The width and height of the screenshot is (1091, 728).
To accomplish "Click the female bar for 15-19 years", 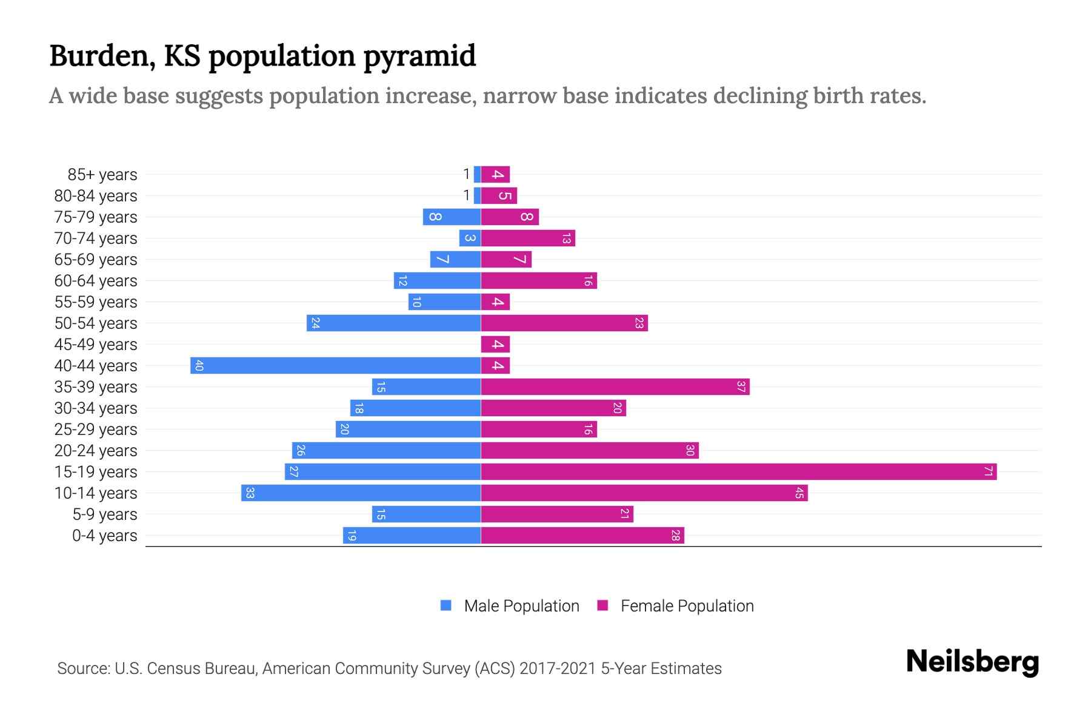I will (x=738, y=472).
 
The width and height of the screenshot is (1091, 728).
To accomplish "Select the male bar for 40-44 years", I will (x=335, y=366).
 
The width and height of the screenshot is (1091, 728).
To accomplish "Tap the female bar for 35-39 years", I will (x=615, y=387).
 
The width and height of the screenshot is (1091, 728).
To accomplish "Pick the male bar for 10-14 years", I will (x=361, y=493).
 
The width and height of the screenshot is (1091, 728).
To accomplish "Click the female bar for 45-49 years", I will (x=495, y=345).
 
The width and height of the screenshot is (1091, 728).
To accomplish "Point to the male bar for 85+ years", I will (x=477, y=175).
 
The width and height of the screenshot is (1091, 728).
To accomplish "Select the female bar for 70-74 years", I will (x=527, y=238).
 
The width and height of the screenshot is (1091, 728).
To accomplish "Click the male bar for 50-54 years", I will (x=393, y=323).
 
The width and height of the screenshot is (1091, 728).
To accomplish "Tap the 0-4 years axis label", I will (x=104, y=536).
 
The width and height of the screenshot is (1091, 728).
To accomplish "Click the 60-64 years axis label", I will (x=96, y=281).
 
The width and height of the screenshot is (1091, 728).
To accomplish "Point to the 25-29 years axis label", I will (x=96, y=430).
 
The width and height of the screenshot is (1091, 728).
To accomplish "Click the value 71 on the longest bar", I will (x=988, y=472).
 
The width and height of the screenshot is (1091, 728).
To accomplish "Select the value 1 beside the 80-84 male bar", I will (x=466, y=195).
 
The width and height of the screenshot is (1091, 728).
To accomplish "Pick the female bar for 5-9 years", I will (x=556, y=514).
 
